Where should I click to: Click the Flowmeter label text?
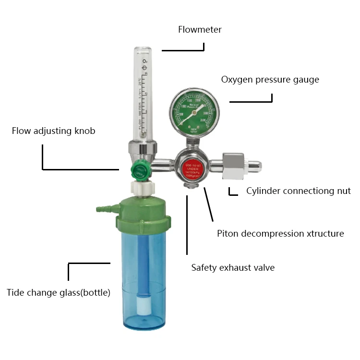[200, 30]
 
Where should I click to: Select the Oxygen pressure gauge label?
[270, 80]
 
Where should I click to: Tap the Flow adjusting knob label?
[53, 131]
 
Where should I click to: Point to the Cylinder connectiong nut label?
[298, 191]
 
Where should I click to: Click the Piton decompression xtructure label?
[280, 234]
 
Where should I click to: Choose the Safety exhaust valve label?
[233, 267]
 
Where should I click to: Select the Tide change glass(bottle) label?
[59, 292]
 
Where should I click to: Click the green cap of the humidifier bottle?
[144, 211]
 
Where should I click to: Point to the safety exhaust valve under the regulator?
[191, 185]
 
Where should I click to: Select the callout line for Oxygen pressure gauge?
[251, 101]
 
